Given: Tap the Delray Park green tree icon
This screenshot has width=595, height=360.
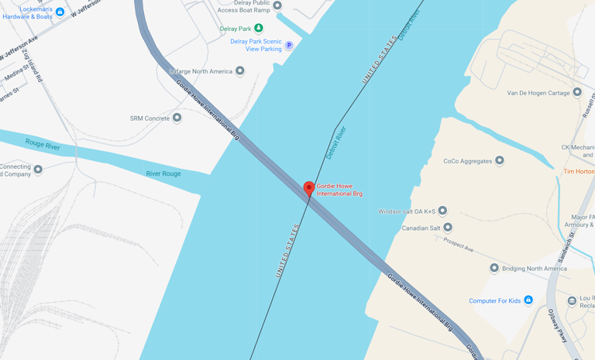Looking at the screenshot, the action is tap(259, 29).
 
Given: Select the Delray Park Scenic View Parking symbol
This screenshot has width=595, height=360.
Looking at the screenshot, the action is tap(289, 46).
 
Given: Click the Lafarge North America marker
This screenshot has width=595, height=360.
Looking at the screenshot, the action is tap(240, 71).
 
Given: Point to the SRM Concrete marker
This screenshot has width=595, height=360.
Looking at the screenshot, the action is tap(177, 118).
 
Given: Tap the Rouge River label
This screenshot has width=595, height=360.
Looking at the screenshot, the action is tap(43, 145).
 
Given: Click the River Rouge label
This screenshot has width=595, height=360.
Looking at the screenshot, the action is tap(163, 173).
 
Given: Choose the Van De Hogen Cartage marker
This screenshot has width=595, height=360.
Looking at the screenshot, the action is tap(577, 93).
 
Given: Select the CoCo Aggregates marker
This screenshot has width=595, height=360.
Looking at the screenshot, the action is tap(500, 161).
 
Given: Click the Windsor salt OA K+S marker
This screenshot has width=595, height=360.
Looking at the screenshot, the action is tap(443, 211).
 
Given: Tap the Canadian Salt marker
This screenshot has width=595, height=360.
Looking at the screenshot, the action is tap(448, 228).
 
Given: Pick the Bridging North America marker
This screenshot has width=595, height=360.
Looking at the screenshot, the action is tap(494, 268).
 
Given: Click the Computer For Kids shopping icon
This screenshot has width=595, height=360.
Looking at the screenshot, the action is tap(528, 300).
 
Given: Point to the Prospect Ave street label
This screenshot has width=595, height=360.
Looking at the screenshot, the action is tap(459, 244).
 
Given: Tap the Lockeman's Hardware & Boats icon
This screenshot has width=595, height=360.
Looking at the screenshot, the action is tap(60, 12).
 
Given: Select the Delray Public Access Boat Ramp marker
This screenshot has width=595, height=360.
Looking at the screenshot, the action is tap(277, 6).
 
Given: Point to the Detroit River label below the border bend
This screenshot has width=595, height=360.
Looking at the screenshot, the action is tap(336, 143).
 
